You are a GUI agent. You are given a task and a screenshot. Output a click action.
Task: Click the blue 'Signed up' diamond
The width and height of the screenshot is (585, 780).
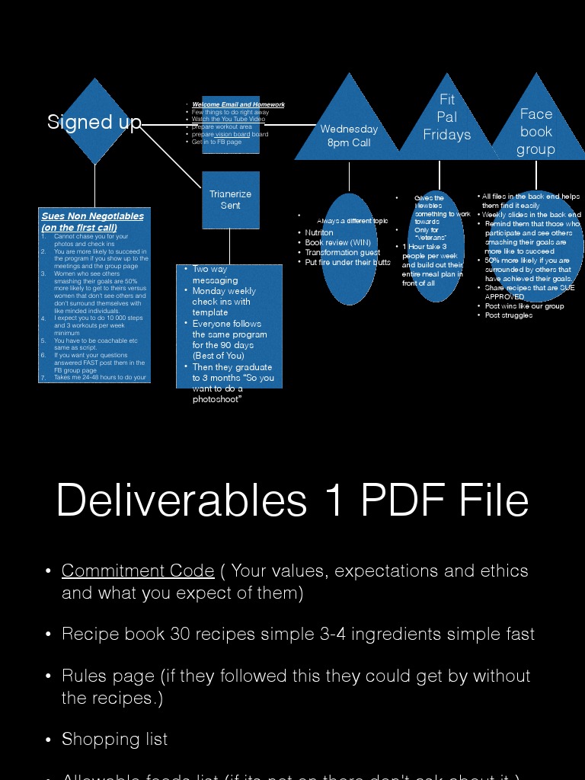[x=94, y=122]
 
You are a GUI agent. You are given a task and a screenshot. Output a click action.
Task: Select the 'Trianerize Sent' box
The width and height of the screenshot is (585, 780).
[x=230, y=200]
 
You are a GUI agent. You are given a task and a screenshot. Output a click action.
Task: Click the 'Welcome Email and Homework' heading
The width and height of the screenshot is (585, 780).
[x=238, y=104]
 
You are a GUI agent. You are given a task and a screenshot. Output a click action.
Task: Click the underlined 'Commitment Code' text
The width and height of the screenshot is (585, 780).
[x=138, y=571]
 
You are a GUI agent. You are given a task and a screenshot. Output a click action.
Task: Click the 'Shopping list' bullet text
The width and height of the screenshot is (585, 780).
[x=115, y=739]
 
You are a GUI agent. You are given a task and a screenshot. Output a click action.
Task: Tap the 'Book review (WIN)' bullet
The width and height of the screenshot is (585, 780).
[x=337, y=242]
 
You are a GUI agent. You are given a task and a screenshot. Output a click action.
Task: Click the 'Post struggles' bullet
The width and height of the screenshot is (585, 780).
[x=509, y=315]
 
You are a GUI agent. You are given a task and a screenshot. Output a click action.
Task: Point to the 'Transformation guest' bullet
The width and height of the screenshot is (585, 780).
[x=342, y=252]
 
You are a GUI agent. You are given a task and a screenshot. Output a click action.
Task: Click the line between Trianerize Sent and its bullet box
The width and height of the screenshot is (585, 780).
[x=229, y=246]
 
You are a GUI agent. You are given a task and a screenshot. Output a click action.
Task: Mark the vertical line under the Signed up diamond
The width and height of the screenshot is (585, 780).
[x=94, y=185]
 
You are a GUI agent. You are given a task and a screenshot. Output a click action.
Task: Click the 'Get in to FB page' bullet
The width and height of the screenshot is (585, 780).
[x=216, y=142]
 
